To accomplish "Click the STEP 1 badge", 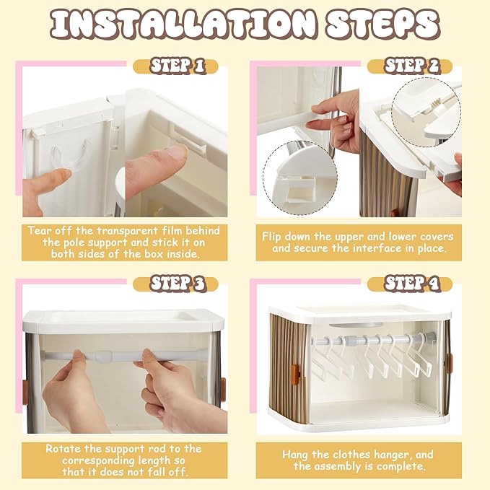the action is pyautogui.click(x=175, y=66).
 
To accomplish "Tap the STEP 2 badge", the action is pyautogui.click(x=410, y=66).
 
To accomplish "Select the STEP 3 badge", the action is pyautogui.click(x=175, y=284).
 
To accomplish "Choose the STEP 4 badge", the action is pyautogui.click(x=410, y=284).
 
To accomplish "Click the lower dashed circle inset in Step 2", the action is pyautogui.click(x=300, y=178).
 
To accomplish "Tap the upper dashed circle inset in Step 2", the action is pyautogui.click(x=426, y=113).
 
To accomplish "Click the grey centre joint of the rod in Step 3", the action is pyautogui.click(x=104, y=356).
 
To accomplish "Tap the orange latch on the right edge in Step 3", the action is pyautogui.click(x=223, y=389).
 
